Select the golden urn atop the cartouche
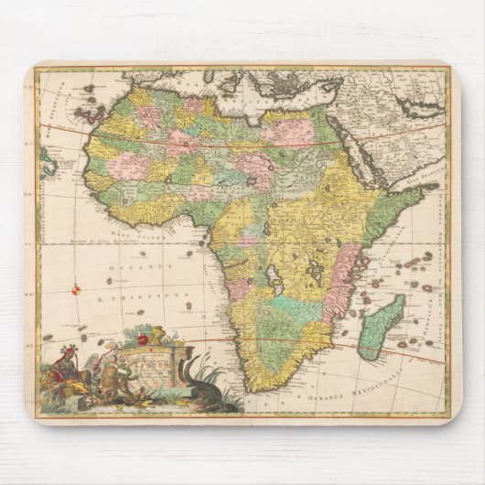pyautogui.click(x=156, y=334)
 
